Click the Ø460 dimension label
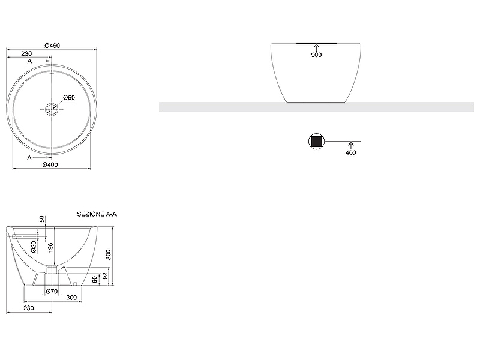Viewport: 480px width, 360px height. [x=52, y=46]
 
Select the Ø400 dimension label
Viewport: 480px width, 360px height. [x=50, y=164]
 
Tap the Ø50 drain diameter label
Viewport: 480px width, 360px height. [x=69, y=97]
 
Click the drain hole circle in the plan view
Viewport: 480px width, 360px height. [x=52, y=109]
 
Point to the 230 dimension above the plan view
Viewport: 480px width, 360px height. [x=26, y=53]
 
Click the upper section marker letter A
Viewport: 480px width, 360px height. [x=29, y=61]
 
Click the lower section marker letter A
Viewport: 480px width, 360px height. [x=29, y=158]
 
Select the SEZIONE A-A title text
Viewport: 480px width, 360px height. [x=97, y=214]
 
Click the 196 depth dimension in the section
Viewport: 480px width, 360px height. [x=50, y=248]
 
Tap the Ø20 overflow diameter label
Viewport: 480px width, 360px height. [x=34, y=247]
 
